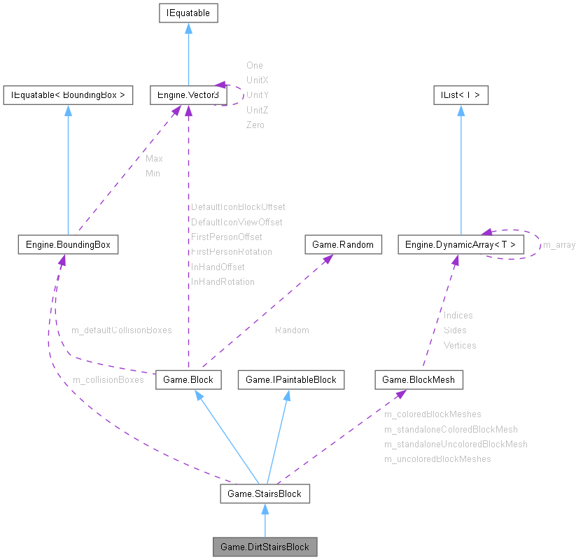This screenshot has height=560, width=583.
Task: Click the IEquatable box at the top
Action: [188, 13]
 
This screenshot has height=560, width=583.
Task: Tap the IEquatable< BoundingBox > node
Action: [68, 94]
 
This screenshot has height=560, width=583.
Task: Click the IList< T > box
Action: [460, 94]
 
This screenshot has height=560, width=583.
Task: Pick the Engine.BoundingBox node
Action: [68, 244]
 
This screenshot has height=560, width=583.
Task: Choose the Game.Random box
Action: [344, 244]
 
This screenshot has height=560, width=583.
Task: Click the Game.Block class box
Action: [188, 379]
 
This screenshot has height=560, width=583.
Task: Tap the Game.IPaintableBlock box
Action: [290, 379]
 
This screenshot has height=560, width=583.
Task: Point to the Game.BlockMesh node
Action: [419, 379]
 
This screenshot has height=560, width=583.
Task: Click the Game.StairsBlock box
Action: [265, 493]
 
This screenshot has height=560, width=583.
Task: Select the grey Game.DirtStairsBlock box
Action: [265, 547]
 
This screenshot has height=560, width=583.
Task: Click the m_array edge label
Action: [559, 245]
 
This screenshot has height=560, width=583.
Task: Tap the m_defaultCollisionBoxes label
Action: [122, 329]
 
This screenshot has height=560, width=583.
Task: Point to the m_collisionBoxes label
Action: [108, 379]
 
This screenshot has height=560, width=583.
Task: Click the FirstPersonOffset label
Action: [227, 237]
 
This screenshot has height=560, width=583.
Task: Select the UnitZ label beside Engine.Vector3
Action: [258, 110]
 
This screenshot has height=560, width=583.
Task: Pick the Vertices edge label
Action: [460, 345]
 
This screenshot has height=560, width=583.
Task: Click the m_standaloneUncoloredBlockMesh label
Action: [456, 444]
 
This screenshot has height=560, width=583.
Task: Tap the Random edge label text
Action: [292, 330]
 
